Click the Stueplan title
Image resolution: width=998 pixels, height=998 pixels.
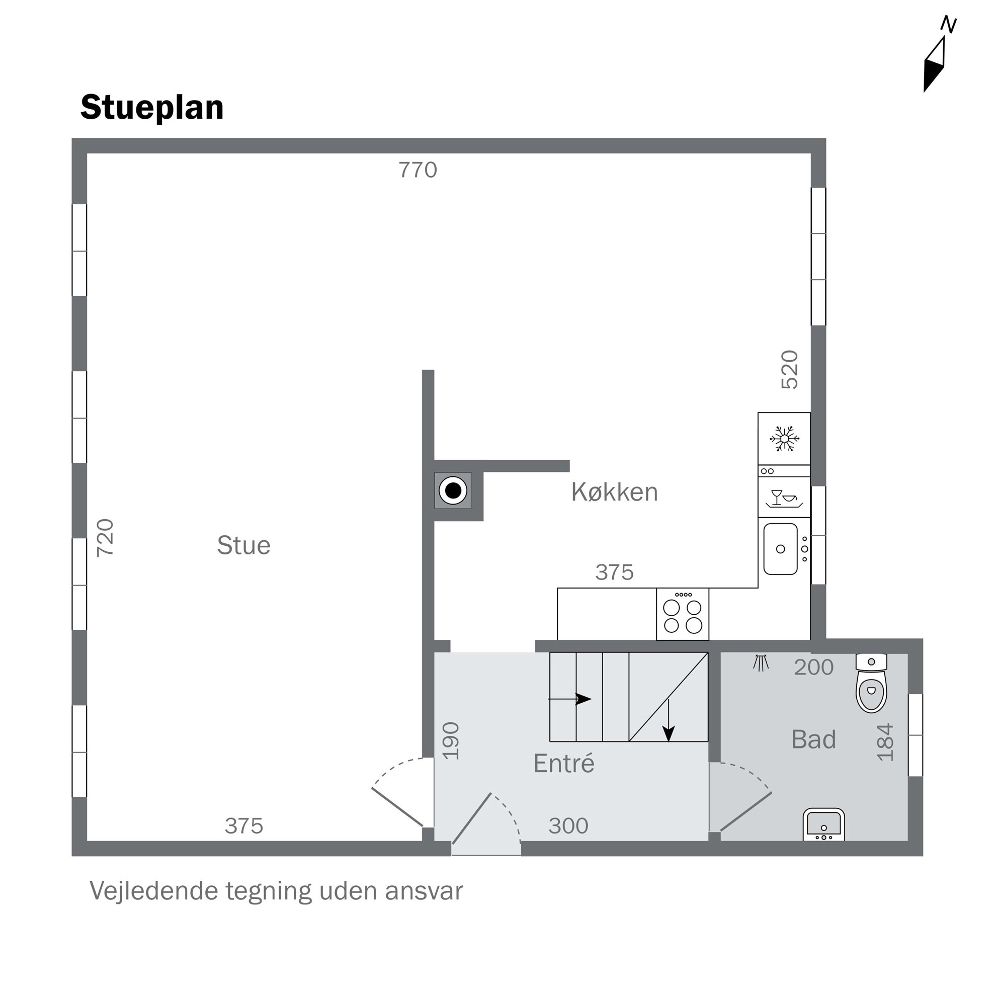point(152,108)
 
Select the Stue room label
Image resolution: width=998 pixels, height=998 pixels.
point(243,545)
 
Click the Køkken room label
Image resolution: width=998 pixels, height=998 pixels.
point(614,492)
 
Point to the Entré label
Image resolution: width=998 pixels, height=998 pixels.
point(563,763)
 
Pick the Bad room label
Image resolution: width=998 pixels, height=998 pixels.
point(813,739)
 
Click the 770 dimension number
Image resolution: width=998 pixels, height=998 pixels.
point(418,170)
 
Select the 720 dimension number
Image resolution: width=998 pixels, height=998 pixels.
point(105,538)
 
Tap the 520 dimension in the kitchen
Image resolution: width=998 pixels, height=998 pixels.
point(789,369)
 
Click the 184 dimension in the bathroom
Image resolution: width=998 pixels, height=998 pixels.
point(885,742)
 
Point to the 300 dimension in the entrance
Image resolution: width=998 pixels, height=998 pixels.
point(568,825)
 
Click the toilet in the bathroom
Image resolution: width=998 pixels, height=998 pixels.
point(871,683)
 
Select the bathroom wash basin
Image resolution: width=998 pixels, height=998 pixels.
point(823,824)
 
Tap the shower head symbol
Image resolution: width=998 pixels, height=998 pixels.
point(761,663)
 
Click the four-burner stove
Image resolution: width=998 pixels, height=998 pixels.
point(683,614)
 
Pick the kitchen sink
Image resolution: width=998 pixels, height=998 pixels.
point(780,549)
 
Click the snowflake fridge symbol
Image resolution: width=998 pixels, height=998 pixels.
point(784,439)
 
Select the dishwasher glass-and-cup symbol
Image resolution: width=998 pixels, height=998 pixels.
point(784,498)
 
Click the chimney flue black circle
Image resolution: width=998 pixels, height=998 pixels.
point(453,490)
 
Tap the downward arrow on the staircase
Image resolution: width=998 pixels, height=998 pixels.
point(669,720)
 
